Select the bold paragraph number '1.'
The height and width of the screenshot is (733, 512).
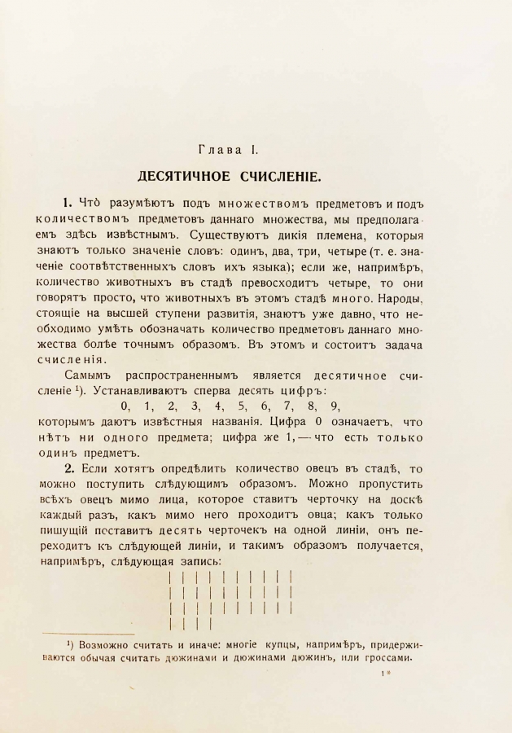(x=68, y=202)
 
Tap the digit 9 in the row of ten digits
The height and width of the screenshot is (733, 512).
(x=336, y=406)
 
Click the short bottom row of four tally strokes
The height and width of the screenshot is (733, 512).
(x=189, y=624)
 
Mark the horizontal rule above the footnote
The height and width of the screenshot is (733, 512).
(x=88, y=634)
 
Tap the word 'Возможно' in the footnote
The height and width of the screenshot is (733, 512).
(x=103, y=645)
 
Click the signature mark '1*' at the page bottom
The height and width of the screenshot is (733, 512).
(x=386, y=674)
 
